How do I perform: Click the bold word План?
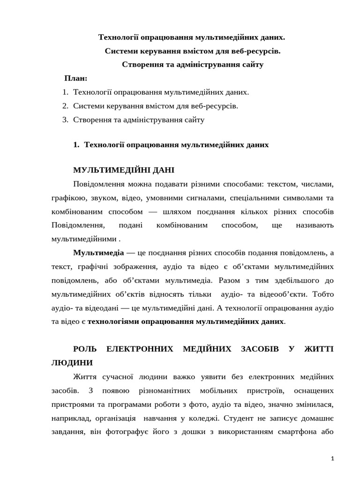click(76, 78)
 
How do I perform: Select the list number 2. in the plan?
click(65, 106)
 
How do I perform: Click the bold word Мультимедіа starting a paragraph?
click(98, 253)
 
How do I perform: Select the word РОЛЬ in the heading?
click(85, 349)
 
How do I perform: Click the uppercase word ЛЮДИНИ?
click(72, 363)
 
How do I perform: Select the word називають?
click(315, 225)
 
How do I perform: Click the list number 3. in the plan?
click(65, 120)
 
